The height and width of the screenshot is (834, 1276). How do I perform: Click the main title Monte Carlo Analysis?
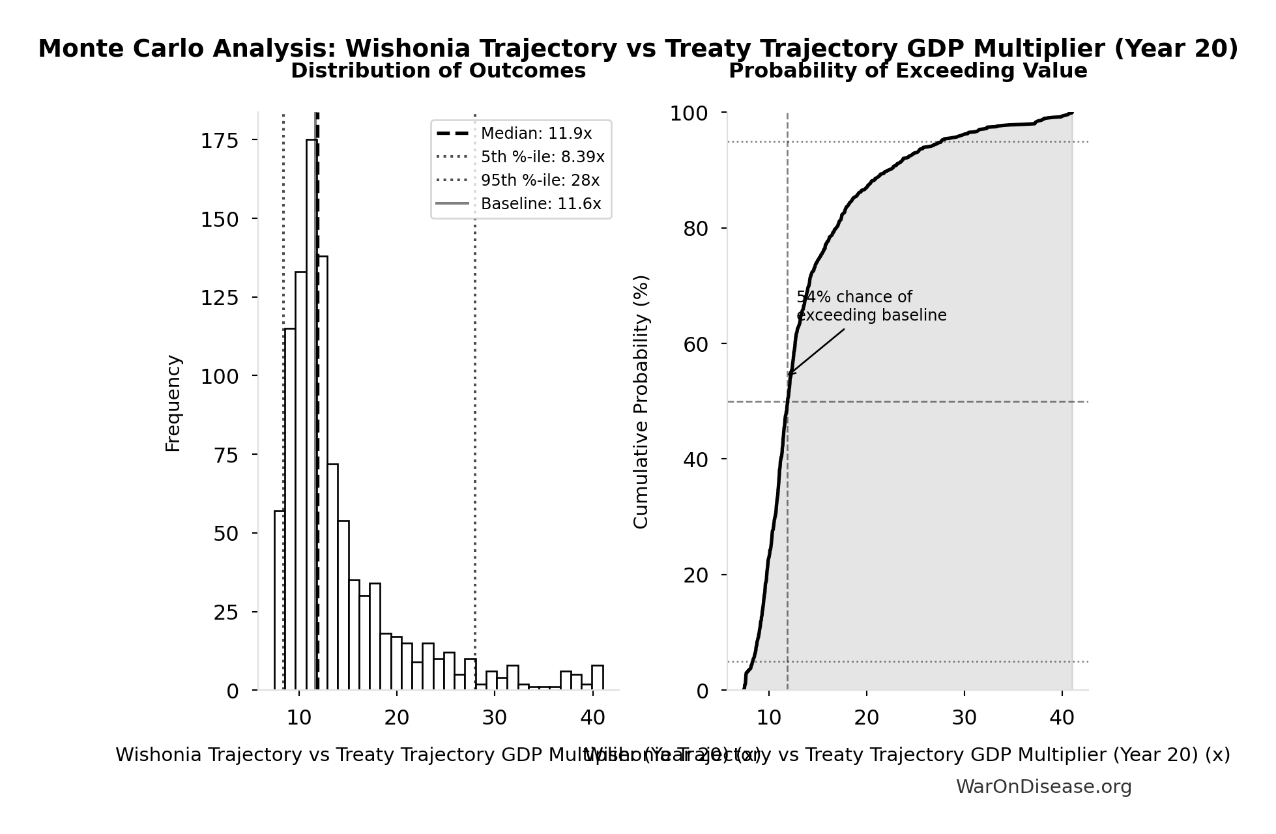pyautogui.click(x=637, y=49)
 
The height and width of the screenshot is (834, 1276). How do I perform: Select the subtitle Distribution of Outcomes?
pyautogui.click(x=438, y=71)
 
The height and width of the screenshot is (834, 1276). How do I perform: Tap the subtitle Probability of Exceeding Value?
pyautogui.click(x=907, y=71)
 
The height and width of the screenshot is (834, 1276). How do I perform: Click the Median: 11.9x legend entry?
pyautogui.click(x=536, y=134)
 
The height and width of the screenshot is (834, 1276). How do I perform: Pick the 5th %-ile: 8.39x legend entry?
pyautogui.click(x=542, y=157)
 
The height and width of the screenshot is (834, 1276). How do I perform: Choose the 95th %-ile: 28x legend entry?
pyautogui.click(x=540, y=180)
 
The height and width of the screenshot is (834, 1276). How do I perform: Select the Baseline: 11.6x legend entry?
pyautogui.click(x=540, y=204)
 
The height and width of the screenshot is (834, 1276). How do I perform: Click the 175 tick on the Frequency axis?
pyautogui.click(x=219, y=141)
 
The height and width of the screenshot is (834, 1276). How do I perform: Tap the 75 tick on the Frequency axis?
pyautogui.click(x=226, y=455)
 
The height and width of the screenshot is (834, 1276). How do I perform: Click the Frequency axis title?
pyautogui.click(x=173, y=403)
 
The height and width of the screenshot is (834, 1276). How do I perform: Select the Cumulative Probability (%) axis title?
pyautogui.click(x=641, y=401)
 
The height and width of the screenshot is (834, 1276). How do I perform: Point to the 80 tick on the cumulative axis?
pyautogui.click(x=695, y=229)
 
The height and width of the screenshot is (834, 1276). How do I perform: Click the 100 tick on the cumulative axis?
pyautogui.click(x=689, y=113)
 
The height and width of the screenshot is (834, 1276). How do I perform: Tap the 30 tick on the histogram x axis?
pyautogui.click(x=494, y=718)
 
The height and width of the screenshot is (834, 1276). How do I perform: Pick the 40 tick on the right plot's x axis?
pyautogui.click(x=1062, y=718)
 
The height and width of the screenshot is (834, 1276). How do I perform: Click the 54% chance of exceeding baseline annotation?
pyautogui.click(x=871, y=306)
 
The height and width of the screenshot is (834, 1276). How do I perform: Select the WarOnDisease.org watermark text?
pyautogui.click(x=1043, y=787)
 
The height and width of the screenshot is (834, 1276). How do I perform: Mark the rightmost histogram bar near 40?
pyautogui.click(x=597, y=678)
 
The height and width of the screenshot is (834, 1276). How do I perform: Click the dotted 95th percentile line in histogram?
pyautogui.click(x=475, y=391)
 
